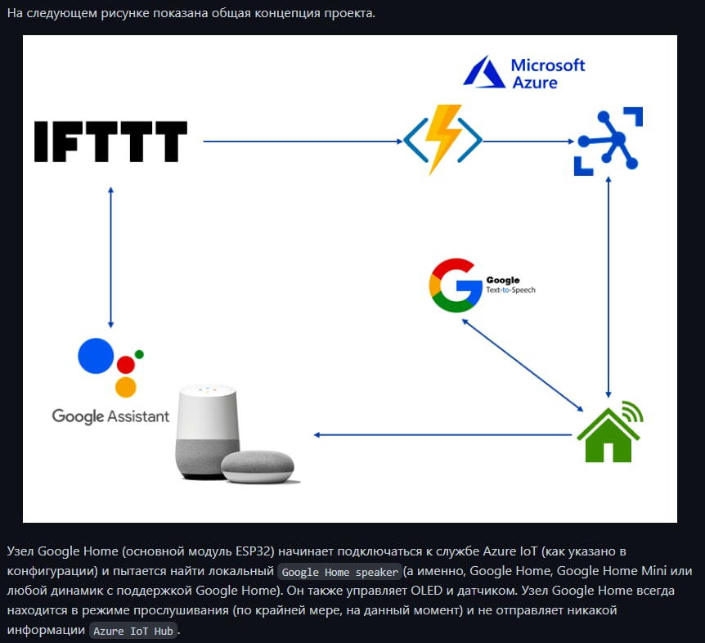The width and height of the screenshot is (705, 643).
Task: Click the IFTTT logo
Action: point(110,141)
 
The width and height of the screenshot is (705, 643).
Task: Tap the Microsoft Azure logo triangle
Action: point(484,73)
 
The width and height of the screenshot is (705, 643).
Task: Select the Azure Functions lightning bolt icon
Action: point(442,139)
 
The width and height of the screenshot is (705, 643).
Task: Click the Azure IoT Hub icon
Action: point(608,141)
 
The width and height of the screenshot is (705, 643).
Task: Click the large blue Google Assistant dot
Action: point(96,355)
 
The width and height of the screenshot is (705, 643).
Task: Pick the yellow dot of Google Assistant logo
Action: point(125,386)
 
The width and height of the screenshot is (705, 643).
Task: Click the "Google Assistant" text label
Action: point(110,416)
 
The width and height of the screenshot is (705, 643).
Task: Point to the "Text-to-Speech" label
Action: point(510,290)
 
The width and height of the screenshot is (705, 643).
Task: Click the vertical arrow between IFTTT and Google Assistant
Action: point(110,258)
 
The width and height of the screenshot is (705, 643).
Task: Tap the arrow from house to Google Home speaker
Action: point(442,434)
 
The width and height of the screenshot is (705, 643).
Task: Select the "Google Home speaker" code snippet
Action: point(339,572)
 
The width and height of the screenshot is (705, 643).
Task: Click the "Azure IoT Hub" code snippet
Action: point(133,631)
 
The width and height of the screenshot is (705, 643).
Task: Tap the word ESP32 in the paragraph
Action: point(251,552)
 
